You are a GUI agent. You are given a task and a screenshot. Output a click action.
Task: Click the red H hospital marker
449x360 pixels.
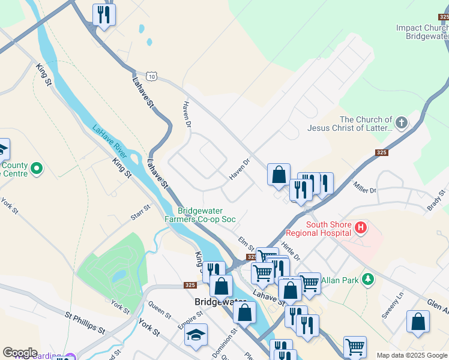click(360, 227)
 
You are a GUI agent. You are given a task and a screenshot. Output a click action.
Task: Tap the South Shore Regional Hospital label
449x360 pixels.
click(318, 228)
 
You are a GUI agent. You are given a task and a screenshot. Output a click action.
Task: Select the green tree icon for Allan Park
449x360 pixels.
click(368, 280)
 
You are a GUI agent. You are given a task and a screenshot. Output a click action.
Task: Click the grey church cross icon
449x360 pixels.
click(402, 124)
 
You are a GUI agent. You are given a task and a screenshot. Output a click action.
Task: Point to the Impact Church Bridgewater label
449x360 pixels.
click(423, 32)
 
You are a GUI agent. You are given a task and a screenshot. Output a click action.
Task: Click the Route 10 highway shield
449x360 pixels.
click(153, 77)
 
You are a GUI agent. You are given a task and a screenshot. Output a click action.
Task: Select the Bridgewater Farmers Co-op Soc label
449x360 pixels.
click(200, 215)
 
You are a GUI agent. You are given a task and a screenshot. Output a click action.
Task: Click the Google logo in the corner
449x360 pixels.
click(20, 353)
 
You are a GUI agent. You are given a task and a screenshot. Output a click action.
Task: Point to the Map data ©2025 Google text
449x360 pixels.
click(412, 355)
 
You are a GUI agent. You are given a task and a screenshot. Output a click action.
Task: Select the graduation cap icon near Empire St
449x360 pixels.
click(196, 335)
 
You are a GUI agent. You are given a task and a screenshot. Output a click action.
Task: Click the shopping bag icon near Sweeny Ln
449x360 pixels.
click(418, 322)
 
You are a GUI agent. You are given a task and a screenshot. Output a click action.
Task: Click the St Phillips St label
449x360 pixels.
click(85, 321)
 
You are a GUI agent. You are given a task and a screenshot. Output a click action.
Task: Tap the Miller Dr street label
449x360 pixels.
click(364, 187)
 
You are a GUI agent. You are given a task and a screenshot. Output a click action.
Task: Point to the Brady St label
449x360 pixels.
click(435, 199)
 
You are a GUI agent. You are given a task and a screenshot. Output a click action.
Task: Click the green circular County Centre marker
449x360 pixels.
click(36, 169)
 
